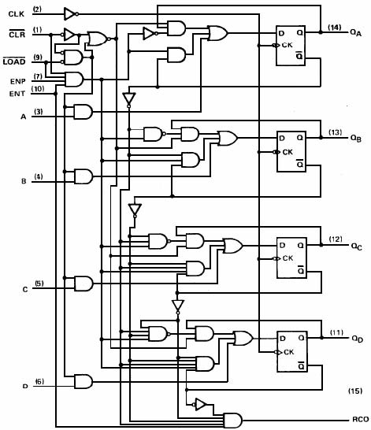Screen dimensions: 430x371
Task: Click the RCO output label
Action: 360,420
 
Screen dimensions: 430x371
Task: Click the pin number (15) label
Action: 354,391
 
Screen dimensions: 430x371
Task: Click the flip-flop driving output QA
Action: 291,46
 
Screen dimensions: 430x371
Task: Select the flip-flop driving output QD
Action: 291,351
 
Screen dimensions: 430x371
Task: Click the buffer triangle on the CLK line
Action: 70,13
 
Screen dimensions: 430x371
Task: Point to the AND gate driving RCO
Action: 233,420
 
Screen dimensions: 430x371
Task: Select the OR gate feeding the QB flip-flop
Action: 228,139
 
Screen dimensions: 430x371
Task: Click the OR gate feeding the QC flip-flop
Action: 234,246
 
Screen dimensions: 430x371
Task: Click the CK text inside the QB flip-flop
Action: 288,151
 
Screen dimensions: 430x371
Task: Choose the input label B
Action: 24,180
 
